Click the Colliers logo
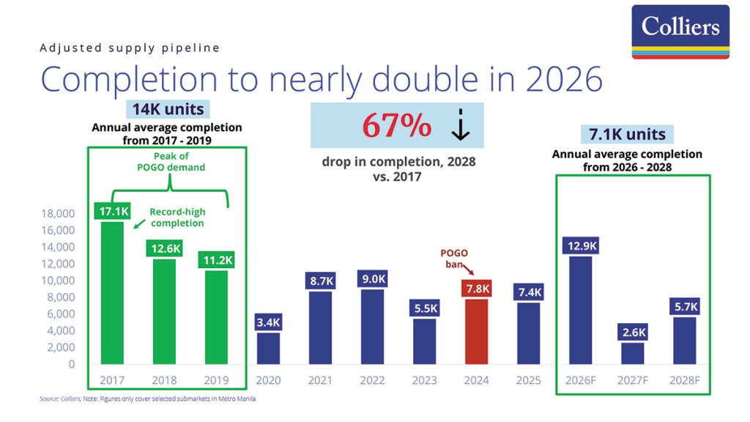[x=680, y=32]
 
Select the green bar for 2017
[x=112, y=293]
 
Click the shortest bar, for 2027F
[x=633, y=353]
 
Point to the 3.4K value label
[x=269, y=322]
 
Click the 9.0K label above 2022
[x=373, y=278]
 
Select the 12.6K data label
[x=165, y=248]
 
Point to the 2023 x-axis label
[x=425, y=380]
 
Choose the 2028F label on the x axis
[x=685, y=380]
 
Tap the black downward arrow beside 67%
[x=460, y=127]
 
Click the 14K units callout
[x=168, y=110]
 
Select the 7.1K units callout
[x=628, y=134]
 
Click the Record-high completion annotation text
[x=177, y=217]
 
